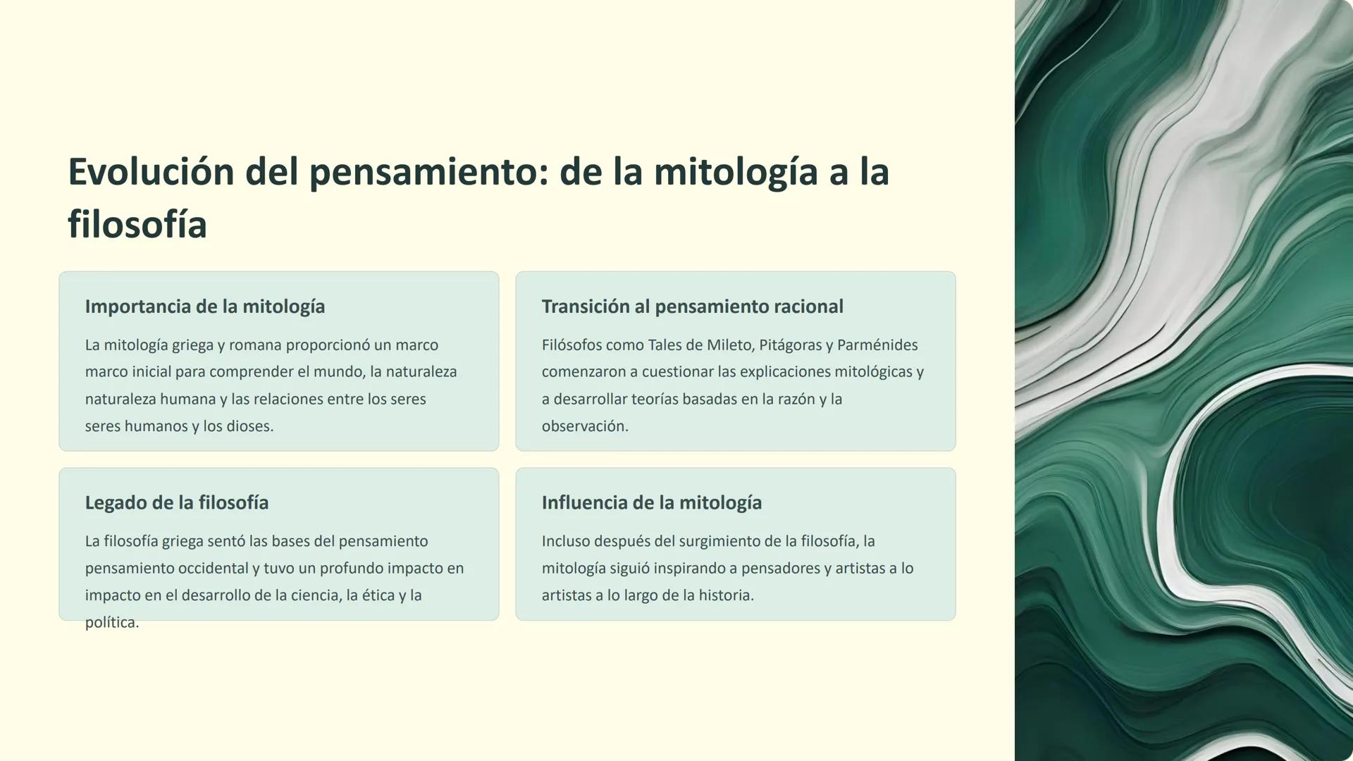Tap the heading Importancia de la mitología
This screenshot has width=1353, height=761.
click(x=204, y=307)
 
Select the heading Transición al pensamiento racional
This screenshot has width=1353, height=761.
click(x=692, y=307)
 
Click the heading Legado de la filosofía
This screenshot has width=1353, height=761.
click(x=176, y=502)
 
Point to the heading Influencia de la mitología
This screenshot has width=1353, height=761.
click(x=651, y=502)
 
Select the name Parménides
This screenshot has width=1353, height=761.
click(x=877, y=345)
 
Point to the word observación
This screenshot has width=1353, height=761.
click(x=584, y=426)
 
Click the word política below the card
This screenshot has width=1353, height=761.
click(x=111, y=623)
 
